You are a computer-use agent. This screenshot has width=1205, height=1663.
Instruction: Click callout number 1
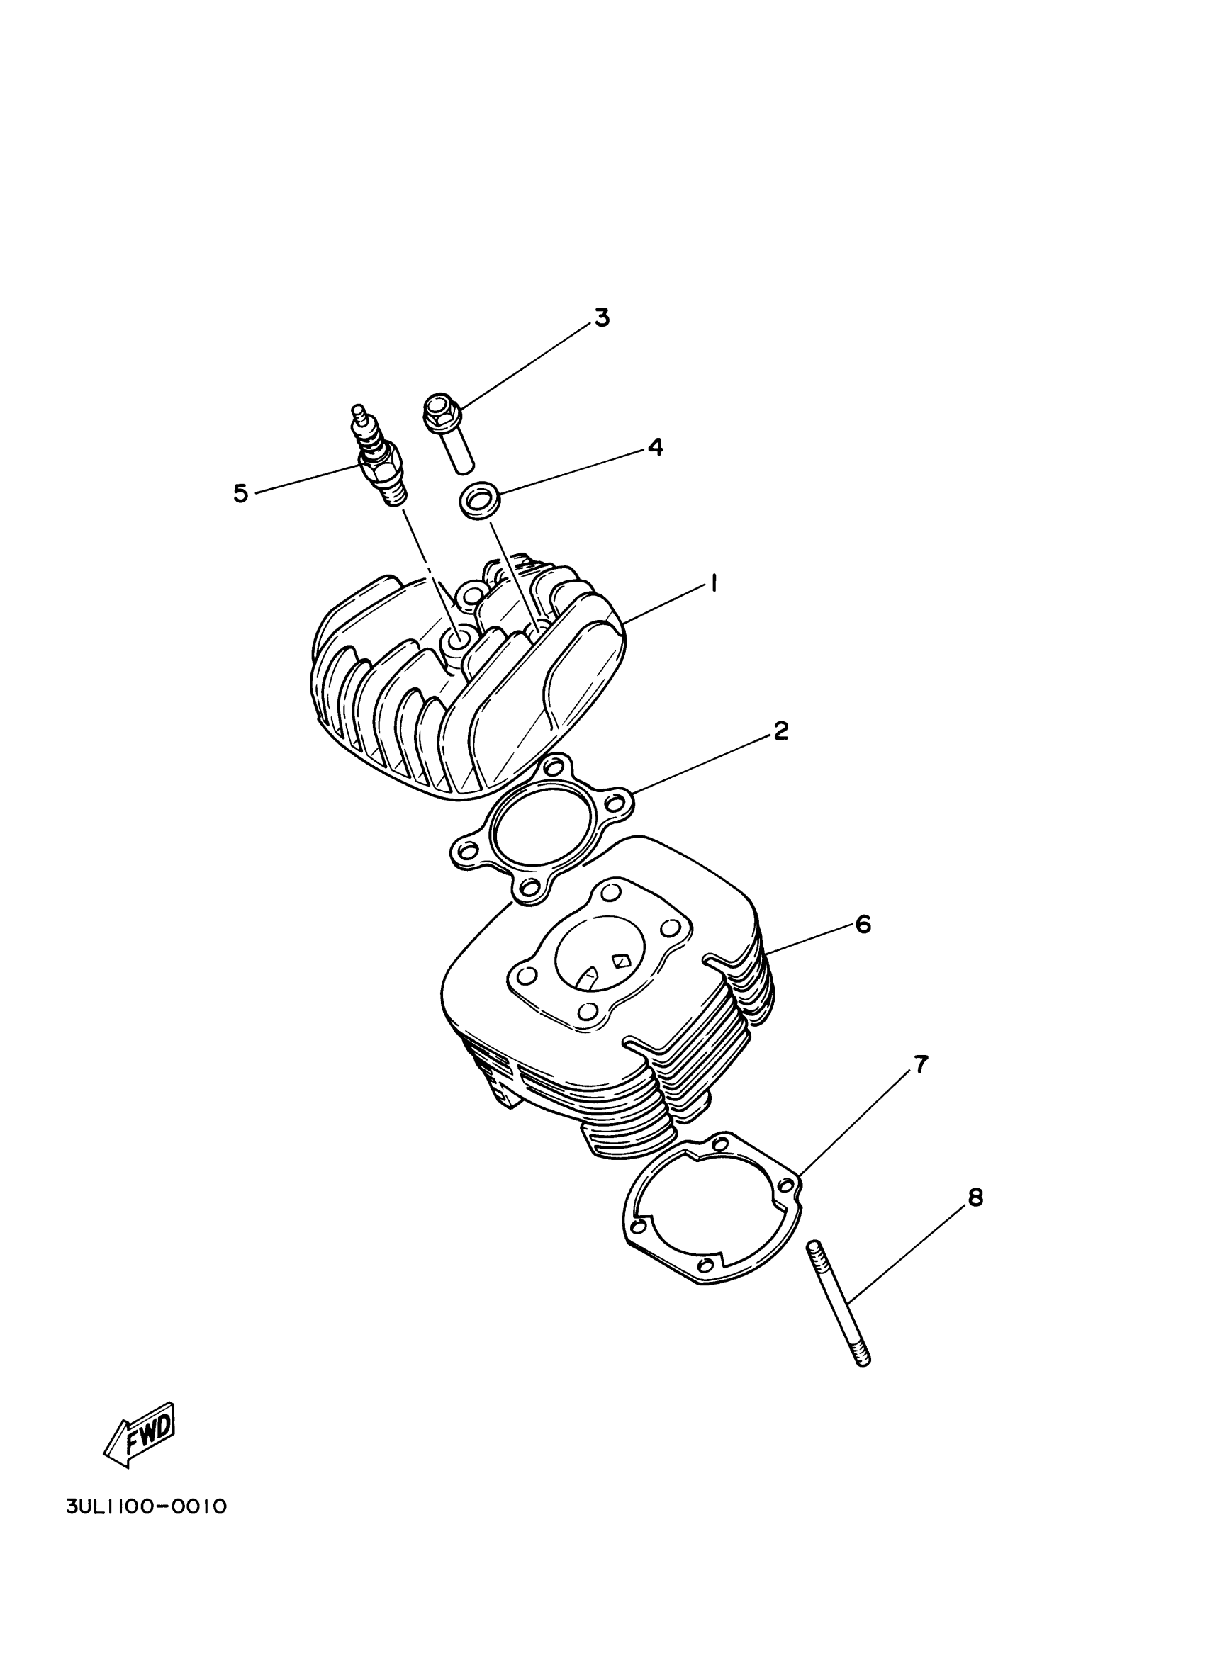[x=712, y=585]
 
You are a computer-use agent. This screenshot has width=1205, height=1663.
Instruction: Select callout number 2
[x=780, y=731]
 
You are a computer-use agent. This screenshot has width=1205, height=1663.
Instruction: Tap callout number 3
[x=601, y=319]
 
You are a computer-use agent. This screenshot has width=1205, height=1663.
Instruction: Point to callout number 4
[x=655, y=446]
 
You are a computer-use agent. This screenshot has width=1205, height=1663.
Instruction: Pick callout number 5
[x=240, y=493]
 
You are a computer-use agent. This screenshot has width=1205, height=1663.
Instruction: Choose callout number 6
[x=863, y=925]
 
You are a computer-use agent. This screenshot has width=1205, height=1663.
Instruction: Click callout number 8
[x=975, y=1198]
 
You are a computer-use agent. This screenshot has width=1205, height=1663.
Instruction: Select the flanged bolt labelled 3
[x=449, y=433]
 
